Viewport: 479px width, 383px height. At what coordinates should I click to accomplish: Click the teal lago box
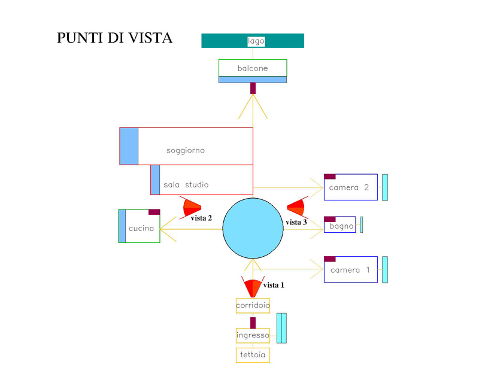pos(252,41)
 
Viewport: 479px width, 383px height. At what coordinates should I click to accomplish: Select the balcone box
pos(252,68)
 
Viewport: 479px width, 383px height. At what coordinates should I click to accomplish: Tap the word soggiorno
pos(186,150)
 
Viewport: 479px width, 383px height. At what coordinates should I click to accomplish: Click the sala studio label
pos(186,185)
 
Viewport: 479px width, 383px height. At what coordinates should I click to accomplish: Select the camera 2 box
pos(351,187)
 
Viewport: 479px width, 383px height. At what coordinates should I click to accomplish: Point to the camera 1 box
pos(351,270)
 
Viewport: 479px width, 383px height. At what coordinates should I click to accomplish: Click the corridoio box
pos(253,305)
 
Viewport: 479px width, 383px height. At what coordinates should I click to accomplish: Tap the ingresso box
pos(253,335)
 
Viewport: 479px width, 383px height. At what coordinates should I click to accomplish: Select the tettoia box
pos(253,355)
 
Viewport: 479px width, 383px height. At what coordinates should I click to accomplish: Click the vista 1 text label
pos(274,285)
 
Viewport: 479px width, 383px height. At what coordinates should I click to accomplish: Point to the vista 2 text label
pos(201,218)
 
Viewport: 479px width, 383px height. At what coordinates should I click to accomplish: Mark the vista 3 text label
pos(296,223)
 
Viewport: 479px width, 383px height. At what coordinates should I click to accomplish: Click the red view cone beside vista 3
pos(297,207)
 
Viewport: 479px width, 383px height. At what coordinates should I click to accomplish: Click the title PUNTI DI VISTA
pos(114,38)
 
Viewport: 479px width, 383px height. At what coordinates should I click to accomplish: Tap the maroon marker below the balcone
pos(253,87)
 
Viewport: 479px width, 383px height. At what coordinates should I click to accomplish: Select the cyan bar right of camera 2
pos(385,187)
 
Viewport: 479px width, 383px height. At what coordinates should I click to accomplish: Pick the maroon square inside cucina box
pos(154,212)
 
